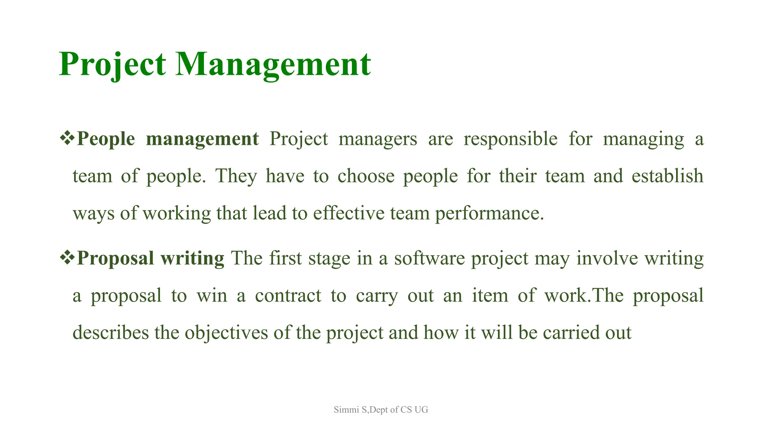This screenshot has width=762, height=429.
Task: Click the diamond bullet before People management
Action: (67, 138)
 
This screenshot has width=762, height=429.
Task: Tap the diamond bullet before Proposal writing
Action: (67, 257)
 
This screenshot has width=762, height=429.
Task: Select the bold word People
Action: (106, 139)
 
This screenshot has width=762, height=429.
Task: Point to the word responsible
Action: (510, 139)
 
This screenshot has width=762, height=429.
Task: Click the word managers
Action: (378, 139)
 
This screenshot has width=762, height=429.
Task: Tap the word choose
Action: (366, 176)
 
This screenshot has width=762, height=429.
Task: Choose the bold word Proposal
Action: (115, 258)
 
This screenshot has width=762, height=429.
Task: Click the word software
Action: (429, 258)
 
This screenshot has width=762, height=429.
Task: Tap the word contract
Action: (288, 296)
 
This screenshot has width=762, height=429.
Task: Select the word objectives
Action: (226, 333)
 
